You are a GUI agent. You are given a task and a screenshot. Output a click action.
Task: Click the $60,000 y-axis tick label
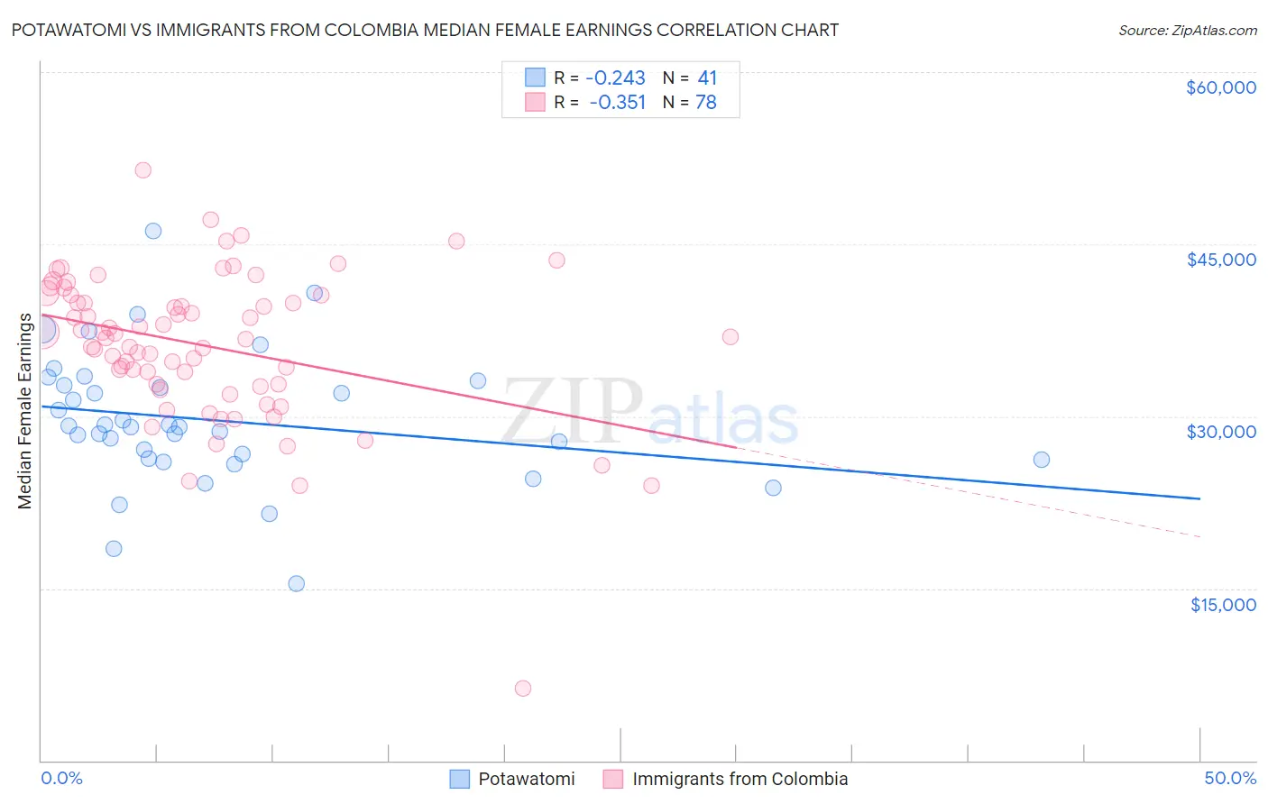tap(1220, 87)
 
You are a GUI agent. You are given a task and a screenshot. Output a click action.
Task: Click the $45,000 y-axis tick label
tap(1220, 260)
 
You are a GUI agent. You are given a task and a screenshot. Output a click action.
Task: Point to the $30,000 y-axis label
tap(1220, 432)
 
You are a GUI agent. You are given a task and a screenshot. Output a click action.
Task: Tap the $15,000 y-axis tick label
tap(1223, 605)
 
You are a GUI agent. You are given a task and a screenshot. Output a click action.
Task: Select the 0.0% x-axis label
tap(61, 778)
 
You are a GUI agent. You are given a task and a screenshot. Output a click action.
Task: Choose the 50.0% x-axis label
tap(1230, 778)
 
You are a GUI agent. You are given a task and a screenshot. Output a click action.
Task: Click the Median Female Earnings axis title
tap(25, 411)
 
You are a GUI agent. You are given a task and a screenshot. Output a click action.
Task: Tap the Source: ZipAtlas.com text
tap(1187, 30)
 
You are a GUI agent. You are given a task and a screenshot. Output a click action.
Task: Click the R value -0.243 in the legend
tap(615, 78)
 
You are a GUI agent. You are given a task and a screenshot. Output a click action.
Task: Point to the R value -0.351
tap(617, 102)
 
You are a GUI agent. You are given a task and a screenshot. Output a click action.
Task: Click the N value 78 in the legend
tap(706, 102)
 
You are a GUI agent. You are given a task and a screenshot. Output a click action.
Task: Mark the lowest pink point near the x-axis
tap(523, 689)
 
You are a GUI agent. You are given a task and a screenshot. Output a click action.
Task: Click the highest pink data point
tap(142, 170)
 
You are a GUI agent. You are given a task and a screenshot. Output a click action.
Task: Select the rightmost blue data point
tap(1042, 460)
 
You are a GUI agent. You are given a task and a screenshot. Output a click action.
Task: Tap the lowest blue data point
tap(297, 583)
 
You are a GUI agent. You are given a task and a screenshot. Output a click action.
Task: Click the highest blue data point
tap(153, 231)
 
